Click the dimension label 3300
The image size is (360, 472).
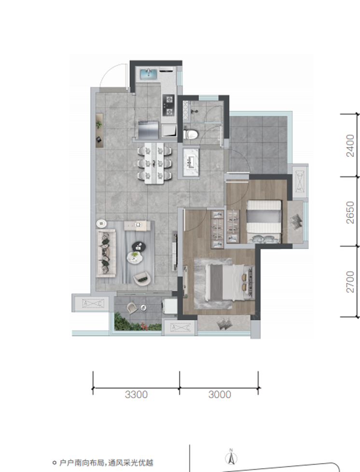tap(136, 394)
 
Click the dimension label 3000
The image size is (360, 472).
tap(220, 394)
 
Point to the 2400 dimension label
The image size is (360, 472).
tap(350, 146)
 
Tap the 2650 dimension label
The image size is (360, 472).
tap(350, 213)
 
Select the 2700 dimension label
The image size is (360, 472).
tap(350, 282)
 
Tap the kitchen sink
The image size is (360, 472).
tap(149, 73)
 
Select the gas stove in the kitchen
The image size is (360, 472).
tap(168, 105)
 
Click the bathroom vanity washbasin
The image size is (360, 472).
tap(191, 162)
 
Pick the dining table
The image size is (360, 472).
tap(154, 163)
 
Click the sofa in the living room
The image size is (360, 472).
tap(106, 253)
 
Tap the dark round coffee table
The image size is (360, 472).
tap(139, 246)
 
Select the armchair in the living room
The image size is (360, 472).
tap(142, 279)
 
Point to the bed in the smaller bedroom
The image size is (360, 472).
tap(264, 221)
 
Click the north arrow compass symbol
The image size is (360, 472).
tap(231, 457)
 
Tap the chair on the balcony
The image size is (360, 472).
tap(132, 308)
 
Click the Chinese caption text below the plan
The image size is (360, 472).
tap(106, 463)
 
